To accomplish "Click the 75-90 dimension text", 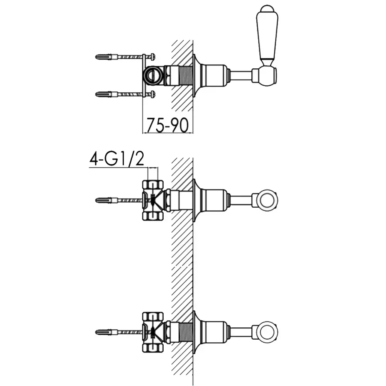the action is tap(168, 125).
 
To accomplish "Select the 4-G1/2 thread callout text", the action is tap(117, 159).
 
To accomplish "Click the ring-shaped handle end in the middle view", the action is tap(267, 200).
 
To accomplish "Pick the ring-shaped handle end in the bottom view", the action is tap(267, 332).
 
